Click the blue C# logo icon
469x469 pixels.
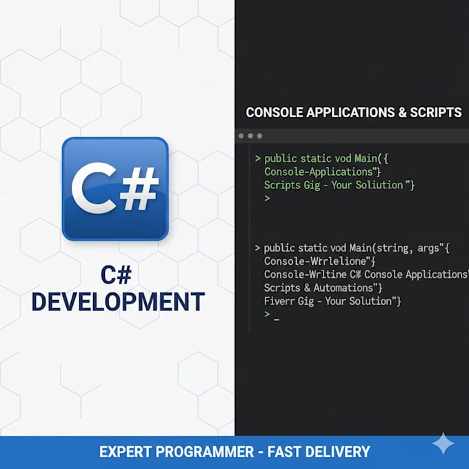115,189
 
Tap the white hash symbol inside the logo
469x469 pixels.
139,188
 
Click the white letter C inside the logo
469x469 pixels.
94,188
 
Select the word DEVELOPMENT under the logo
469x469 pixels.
118,302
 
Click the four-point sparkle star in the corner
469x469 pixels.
443,443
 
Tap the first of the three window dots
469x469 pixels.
241,136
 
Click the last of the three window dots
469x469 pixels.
259,136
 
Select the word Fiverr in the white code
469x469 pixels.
275,301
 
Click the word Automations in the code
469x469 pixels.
343,288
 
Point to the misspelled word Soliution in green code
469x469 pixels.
379,185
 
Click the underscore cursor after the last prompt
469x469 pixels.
277,320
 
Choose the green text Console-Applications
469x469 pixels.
319,172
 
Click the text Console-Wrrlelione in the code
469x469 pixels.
315,261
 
